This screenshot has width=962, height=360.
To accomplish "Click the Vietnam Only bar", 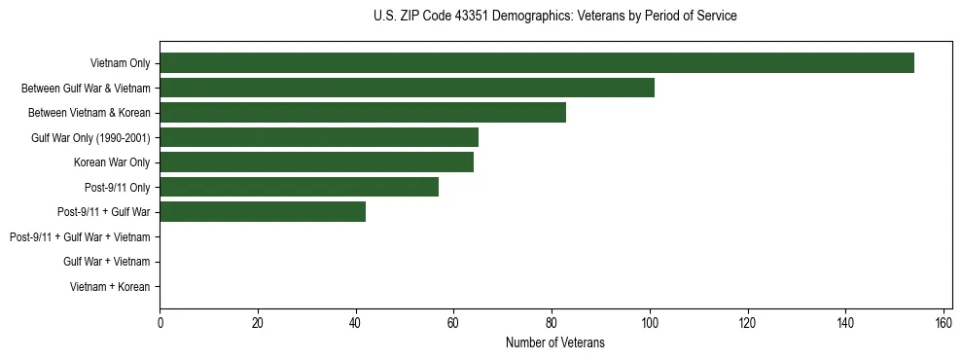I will tap(537, 63).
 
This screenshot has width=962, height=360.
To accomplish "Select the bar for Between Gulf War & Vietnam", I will tap(407, 88).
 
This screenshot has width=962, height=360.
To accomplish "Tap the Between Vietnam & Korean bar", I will tap(363, 113).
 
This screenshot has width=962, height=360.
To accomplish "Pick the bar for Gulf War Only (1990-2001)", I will tap(319, 137).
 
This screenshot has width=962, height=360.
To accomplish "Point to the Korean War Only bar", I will tap(316, 162).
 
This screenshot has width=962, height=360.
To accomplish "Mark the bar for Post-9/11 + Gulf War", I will tap(263, 212).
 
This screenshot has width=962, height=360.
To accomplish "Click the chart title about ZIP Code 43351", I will tap(555, 17).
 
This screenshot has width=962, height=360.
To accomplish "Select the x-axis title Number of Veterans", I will tap(555, 342).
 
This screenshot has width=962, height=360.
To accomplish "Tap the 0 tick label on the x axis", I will tap(160, 323).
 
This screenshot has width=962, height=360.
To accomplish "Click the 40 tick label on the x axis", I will tap(356, 323).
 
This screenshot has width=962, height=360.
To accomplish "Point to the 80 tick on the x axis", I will tap(552, 323).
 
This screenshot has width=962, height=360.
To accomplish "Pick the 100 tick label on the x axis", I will tap(650, 323).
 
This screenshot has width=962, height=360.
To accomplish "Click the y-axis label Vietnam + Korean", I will tap(110, 287).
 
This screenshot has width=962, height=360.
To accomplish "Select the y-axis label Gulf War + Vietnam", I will tap(106, 262).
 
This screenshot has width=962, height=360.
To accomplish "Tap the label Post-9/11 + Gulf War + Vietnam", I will tap(80, 237).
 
